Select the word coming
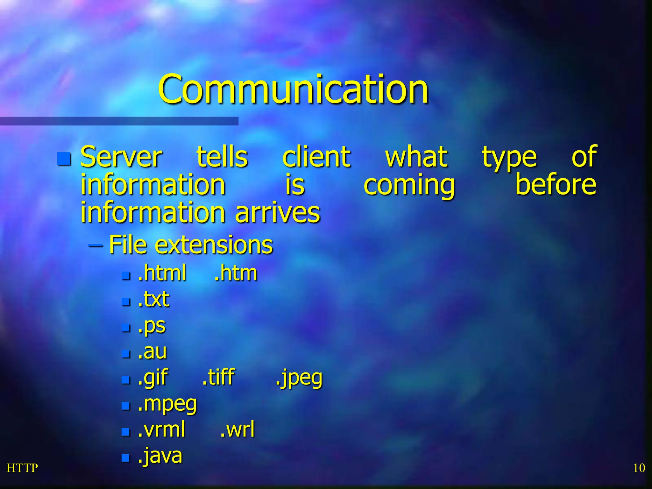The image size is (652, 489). [x=409, y=185]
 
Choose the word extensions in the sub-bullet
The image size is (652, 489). [x=214, y=245]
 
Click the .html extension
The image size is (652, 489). [x=162, y=273]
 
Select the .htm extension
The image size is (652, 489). [x=236, y=273]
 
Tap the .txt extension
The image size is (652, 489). [x=153, y=299]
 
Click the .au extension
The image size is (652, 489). [x=152, y=351]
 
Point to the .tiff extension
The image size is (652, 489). [x=218, y=377]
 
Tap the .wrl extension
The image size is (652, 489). [x=237, y=429]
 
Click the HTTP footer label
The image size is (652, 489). [x=22, y=468]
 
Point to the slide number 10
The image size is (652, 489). [x=639, y=468]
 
